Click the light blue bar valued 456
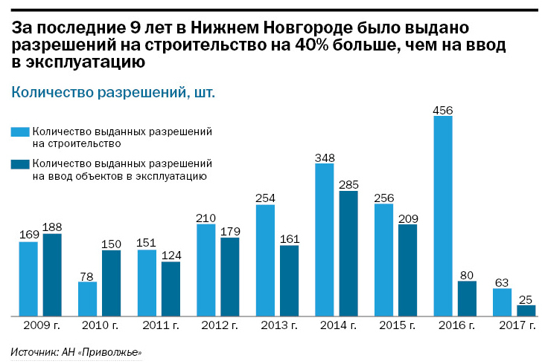[443, 215]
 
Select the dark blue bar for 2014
[348, 253]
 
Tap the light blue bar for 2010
[88, 299]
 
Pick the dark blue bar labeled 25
[526, 311]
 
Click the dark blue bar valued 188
[52, 275]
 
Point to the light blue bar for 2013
[266, 260]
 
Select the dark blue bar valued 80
[467, 298]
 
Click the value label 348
[325, 157]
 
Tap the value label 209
[407, 218]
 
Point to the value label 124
[170, 256]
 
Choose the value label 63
[503, 282]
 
